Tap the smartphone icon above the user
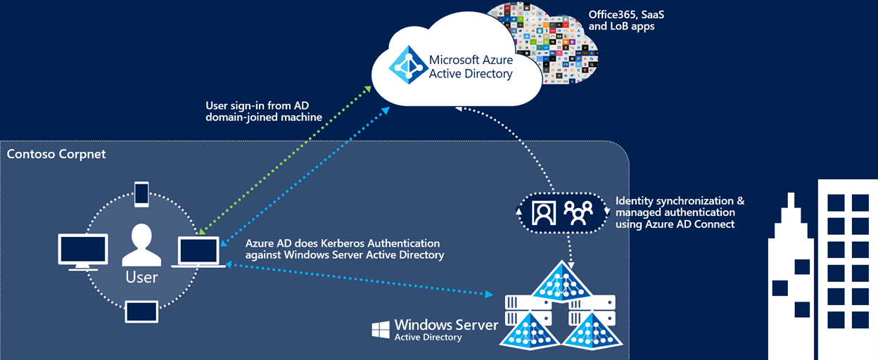(141, 193)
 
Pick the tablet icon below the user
(141, 311)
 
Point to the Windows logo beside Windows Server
(381, 330)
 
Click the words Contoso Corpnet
(56, 153)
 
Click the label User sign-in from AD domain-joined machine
(264, 111)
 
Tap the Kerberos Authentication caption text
(345, 249)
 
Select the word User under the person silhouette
(141, 277)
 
